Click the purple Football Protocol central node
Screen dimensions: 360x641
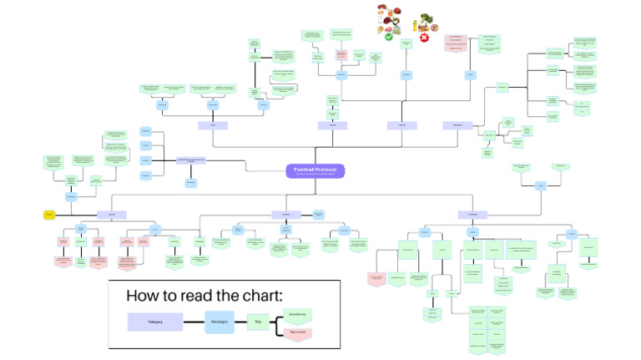(x=315, y=170)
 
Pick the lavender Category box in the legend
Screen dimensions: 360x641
(x=154, y=322)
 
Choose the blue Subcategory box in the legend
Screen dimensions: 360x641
(x=220, y=322)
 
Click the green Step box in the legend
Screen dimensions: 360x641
(x=259, y=322)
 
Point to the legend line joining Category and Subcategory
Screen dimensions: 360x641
(x=194, y=322)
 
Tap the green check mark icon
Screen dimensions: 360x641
(x=389, y=37)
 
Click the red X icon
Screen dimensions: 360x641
(x=424, y=38)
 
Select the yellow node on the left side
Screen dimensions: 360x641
(x=49, y=215)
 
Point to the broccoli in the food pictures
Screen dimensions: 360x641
(x=427, y=19)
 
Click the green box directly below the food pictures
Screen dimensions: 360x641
(x=406, y=44)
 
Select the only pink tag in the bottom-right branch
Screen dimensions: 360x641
(x=376, y=277)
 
